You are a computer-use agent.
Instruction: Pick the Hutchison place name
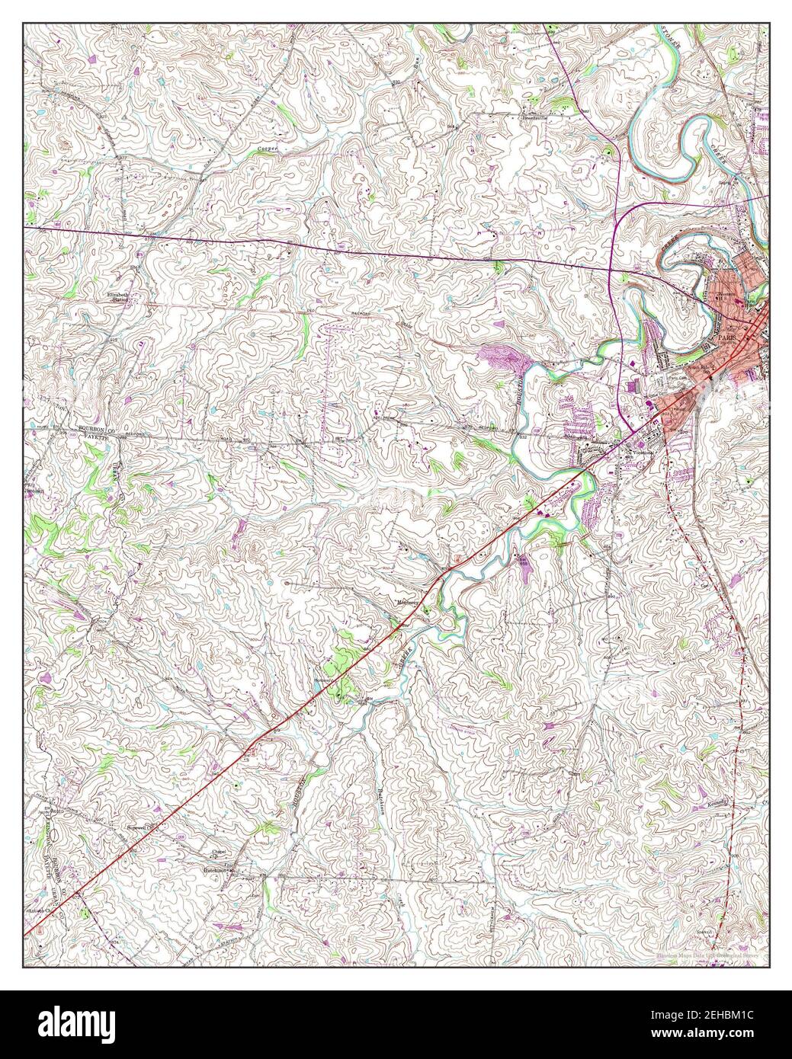coord(216,868)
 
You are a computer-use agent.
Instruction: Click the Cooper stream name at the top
coord(265,148)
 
